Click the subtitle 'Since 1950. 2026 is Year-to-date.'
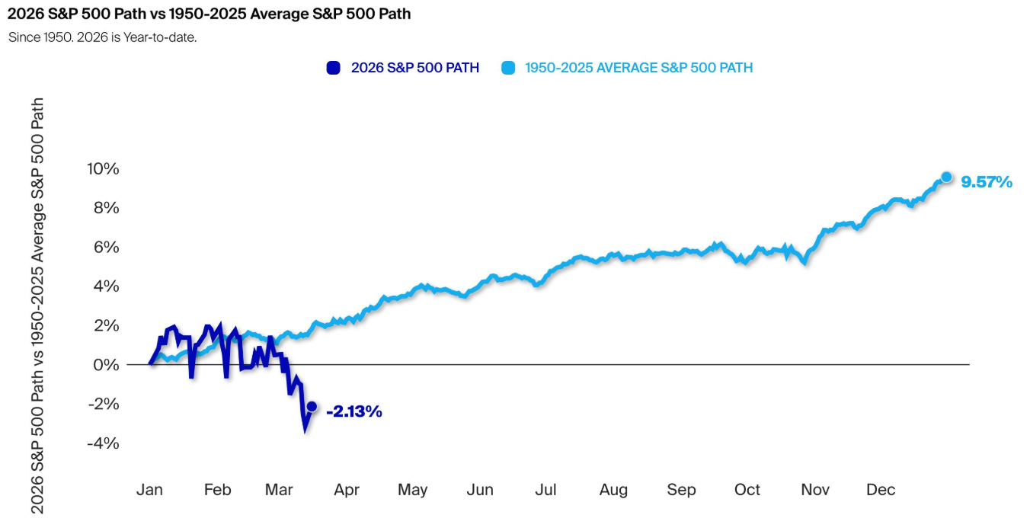[102, 37]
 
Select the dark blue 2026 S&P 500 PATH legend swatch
[333, 68]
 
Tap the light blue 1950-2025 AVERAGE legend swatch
[507, 68]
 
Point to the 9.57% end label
[987, 182]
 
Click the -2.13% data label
[353, 412]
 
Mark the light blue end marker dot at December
[946, 177]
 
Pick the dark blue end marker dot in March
[312, 406]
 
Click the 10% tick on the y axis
[104, 168]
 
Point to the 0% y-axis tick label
[107, 365]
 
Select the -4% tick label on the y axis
[104, 443]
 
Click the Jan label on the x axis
[149, 490]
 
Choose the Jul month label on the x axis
[545, 490]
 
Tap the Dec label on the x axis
[881, 490]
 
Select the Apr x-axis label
[346, 490]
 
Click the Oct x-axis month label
[747, 490]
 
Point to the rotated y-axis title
[37, 305]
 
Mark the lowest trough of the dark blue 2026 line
[305, 429]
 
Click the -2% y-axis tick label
[104, 404]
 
